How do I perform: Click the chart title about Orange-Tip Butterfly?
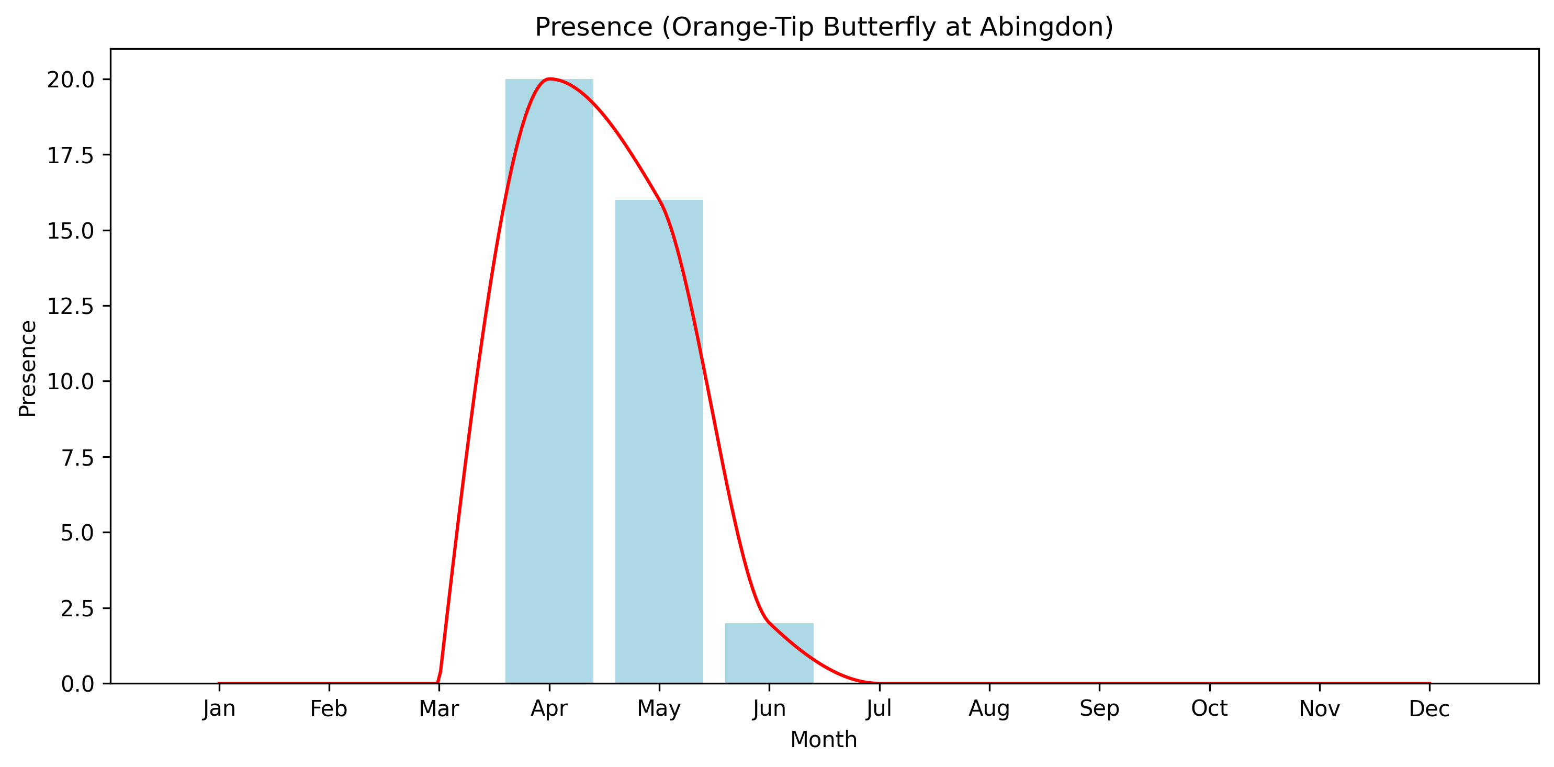pyautogui.click(x=824, y=27)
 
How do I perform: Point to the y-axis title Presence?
pyautogui.click(x=28, y=368)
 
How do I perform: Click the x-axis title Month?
pyautogui.click(x=824, y=739)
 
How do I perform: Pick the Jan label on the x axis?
pyautogui.click(x=219, y=708)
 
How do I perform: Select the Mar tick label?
pyautogui.click(x=438, y=708)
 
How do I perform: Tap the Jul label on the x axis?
pyautogui.click(x=879, y=708)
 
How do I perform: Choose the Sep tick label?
pyautogui.click(x=1099, y=708)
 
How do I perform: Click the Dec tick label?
pyautogui.click(x=1429, y=708)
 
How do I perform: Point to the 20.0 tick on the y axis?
pyautogui.click(x=71, y=80)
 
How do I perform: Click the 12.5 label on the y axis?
pyautogui.click(x=71, y=306)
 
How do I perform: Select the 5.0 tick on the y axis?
pyautogui.click(x=77, y=533)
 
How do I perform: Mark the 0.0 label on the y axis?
pyautogui.click(x=77, y=684)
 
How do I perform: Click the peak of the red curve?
pyautogui.click(x=549, y=79)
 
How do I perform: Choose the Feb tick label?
pyautogui.click(x=329, y=708)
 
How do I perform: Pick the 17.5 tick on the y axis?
pyautogui.click(x=71, y=155)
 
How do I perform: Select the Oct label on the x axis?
pyautogui.click(x=1209, y=708)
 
